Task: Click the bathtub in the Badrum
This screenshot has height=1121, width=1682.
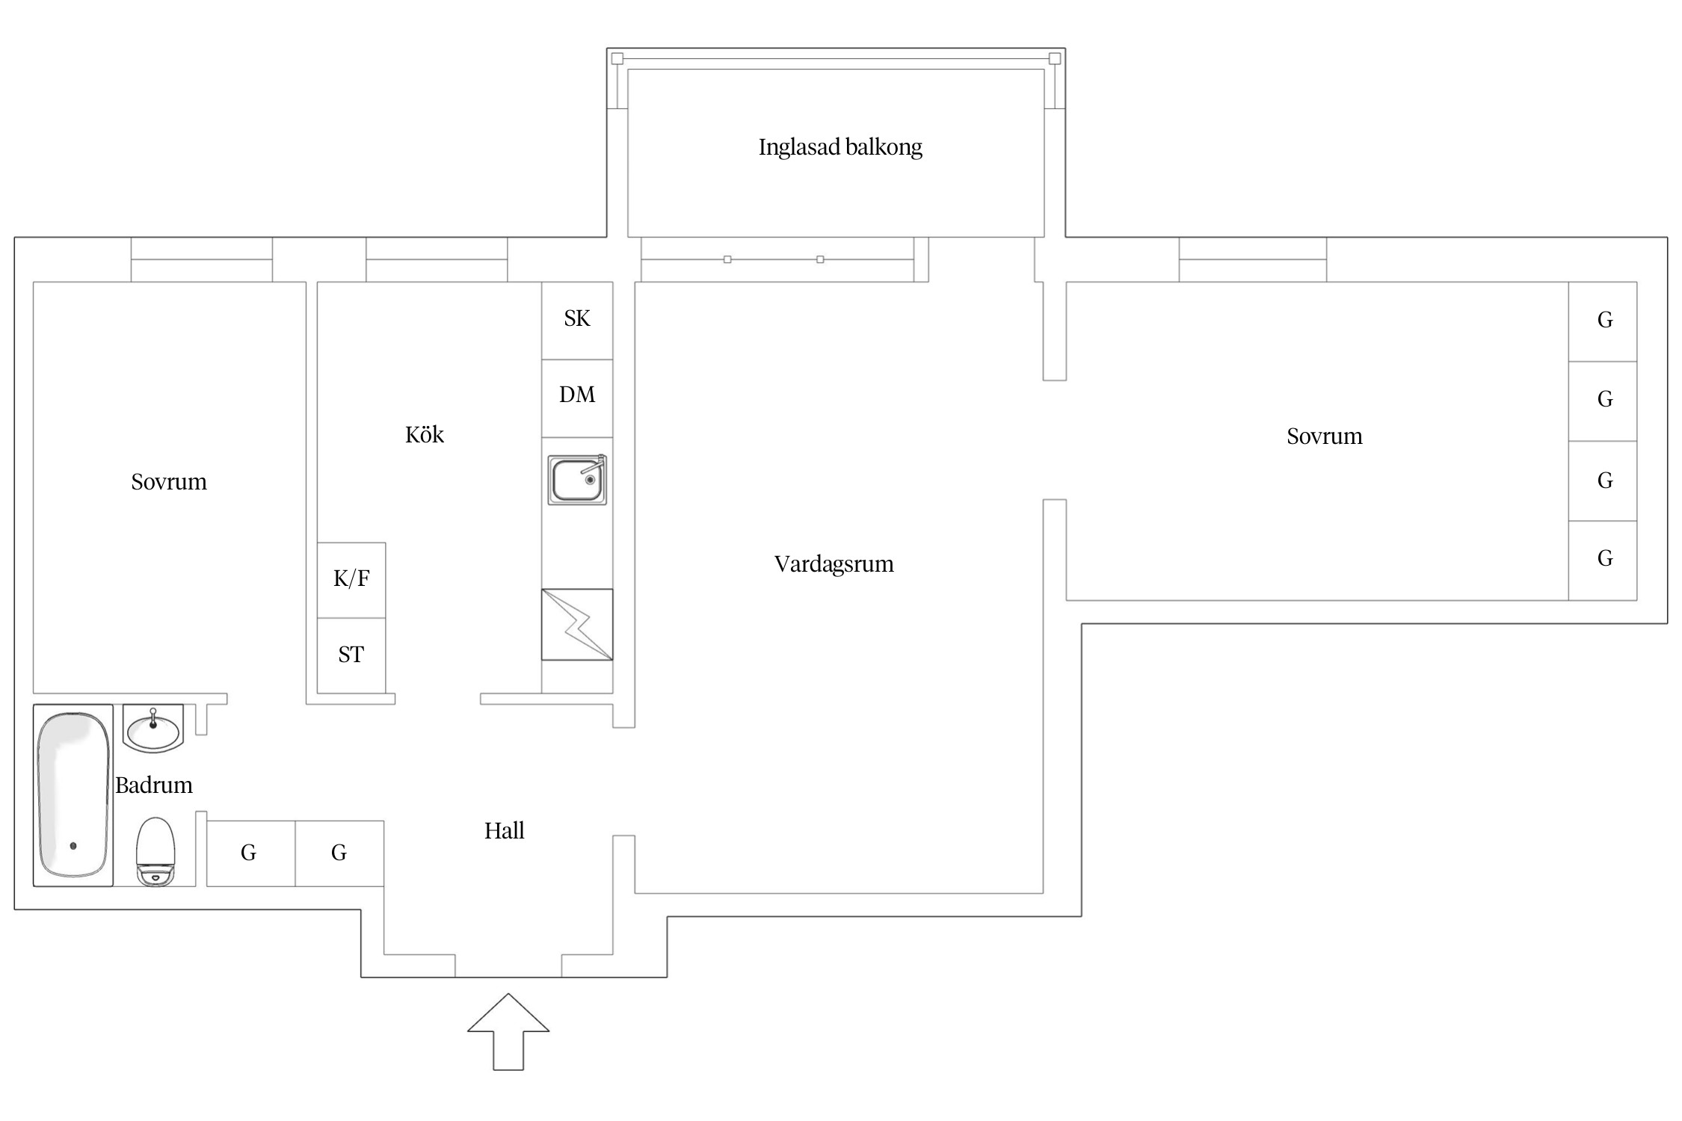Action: [73, 795]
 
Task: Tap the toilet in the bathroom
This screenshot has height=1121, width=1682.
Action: [155, 852]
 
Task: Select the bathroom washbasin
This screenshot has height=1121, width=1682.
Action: [153, 728]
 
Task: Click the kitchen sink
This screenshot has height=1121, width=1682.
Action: [577, 480]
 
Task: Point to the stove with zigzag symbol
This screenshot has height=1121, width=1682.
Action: [577, 625]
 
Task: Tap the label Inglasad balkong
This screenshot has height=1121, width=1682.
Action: [840, 147]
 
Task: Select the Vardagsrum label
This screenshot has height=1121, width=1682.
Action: [834, 563]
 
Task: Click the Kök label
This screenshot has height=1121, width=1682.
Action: [425, 435]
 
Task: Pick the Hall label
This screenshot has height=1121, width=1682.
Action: [504, 831]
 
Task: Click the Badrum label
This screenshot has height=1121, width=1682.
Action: [154, 785]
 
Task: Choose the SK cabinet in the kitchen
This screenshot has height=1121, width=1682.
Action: [577, 320]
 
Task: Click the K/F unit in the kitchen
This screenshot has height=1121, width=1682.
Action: [351, 579]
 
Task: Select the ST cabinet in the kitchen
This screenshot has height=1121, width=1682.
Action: [351, 655]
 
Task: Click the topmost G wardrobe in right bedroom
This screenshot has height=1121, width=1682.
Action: [1604, 321]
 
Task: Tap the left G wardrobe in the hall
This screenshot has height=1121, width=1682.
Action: [250, 853]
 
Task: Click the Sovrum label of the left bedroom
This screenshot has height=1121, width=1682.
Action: [169, 482]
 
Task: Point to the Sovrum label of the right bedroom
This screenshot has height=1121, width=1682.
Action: [1324, 436]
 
